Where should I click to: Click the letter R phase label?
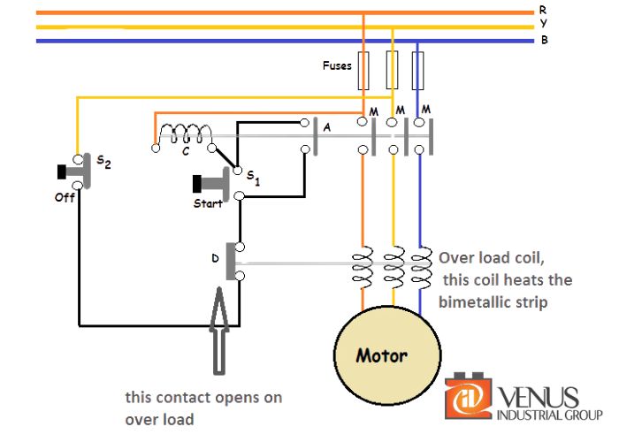coord(542,10)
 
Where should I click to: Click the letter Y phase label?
coord(542,24)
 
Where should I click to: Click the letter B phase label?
coord(542,40)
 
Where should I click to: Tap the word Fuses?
coord(336,65)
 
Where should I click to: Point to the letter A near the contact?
coord(327,128)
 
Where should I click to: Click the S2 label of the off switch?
coord(103,162)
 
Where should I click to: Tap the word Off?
coord(65,198)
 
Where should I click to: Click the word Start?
coord(208,203)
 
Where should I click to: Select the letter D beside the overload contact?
coord(214,259)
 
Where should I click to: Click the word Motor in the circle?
coord(381,357)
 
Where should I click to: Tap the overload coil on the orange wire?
coord(363,266)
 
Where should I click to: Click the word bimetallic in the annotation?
coord(478,301)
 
